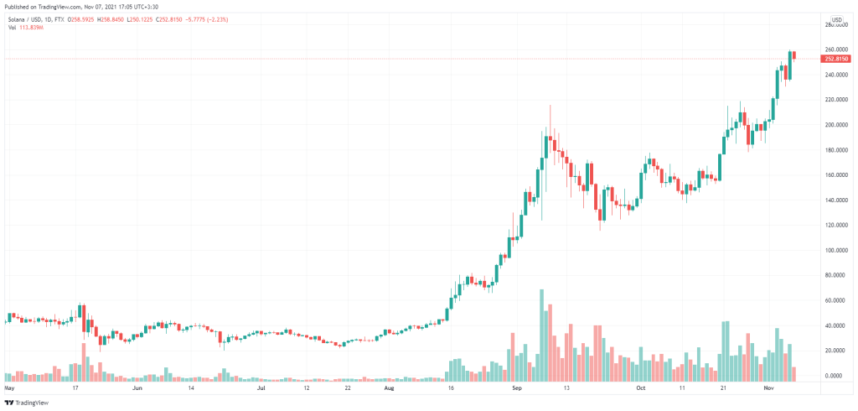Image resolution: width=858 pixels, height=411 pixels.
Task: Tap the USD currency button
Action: pos(835,20)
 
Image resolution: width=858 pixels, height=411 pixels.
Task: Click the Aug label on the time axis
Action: pos(389,389)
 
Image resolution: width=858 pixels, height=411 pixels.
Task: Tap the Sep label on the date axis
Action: pos(517,389)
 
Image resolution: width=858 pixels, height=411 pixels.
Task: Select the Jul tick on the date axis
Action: pos(261,389)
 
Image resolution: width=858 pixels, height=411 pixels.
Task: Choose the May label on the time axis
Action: pos(10,389)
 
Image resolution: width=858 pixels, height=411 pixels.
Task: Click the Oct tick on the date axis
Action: pos(642,389)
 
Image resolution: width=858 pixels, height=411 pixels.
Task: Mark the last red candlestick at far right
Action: pos(794,55)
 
